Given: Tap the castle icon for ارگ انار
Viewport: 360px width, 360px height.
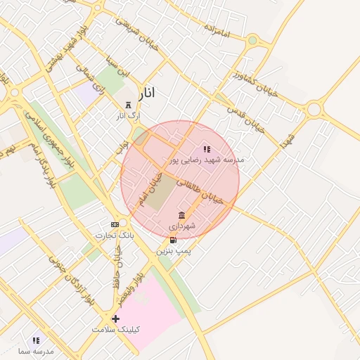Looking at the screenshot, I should point(127,105).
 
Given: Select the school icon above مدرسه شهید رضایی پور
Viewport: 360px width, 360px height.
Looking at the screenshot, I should point(207,149).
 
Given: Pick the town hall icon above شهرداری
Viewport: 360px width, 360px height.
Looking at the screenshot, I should point(182,215).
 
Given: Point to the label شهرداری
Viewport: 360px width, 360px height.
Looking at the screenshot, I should point(182,226).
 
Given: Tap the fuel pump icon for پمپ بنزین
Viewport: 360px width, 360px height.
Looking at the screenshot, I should point(173,240).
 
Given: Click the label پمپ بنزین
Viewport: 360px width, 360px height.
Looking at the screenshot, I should point(173,250).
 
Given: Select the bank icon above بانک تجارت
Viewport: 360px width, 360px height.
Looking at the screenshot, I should point(115,224).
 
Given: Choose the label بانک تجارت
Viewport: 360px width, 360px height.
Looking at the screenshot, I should point(115,235).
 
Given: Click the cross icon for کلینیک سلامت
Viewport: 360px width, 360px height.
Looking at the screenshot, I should point(116,319).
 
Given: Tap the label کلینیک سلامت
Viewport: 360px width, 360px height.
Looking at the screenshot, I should point(116,329).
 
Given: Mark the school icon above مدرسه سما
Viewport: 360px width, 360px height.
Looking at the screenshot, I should point(36,340).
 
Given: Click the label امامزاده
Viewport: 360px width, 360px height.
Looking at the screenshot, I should point(218,31).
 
